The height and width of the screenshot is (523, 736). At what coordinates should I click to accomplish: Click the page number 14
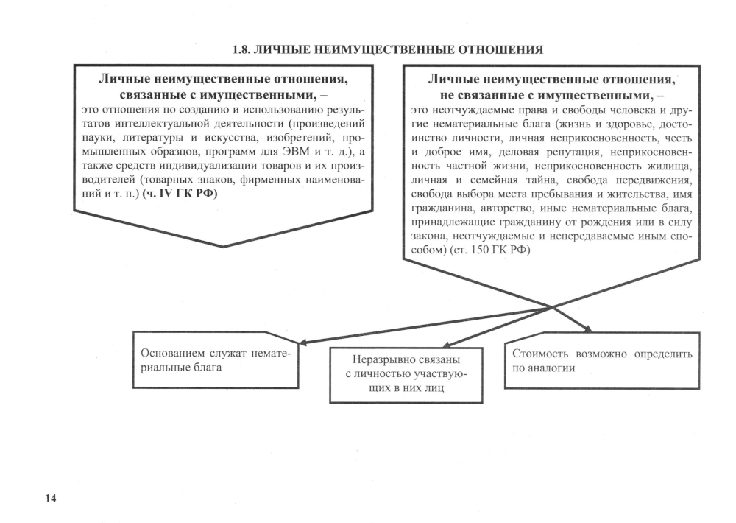(x=51, y=499)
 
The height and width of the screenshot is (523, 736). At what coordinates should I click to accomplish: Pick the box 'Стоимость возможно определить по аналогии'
(x=601, y=360)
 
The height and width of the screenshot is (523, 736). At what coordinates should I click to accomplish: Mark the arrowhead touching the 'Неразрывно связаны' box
(x=446, y=344)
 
